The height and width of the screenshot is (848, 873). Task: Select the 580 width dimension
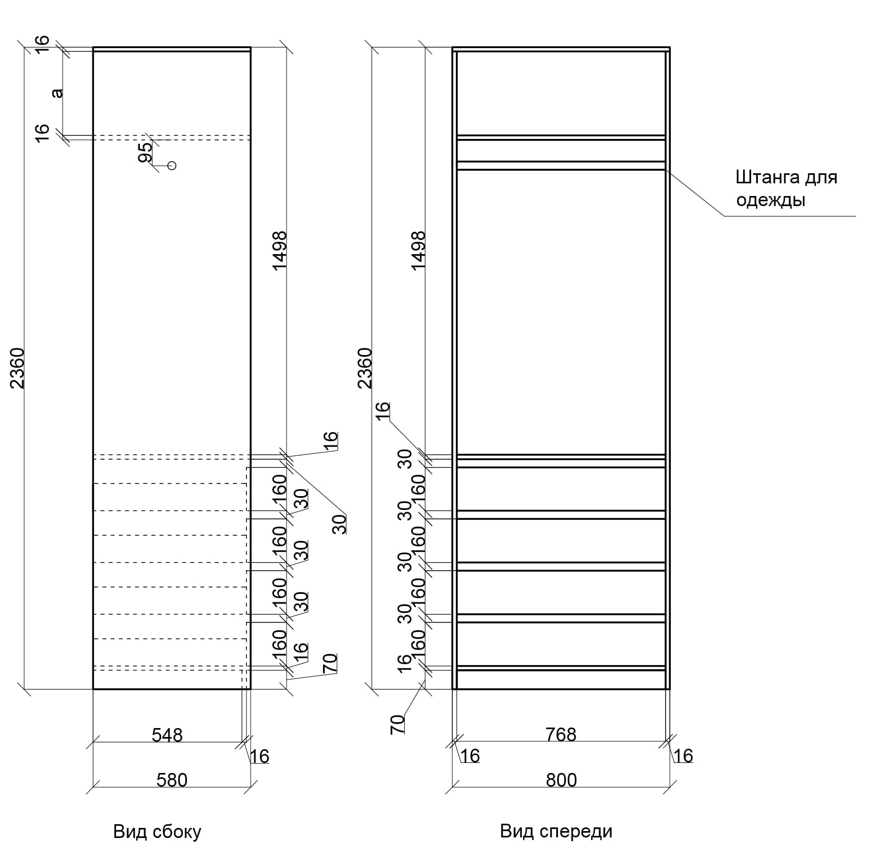pos(172,780)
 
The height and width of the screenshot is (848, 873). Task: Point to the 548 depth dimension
pos(167,734)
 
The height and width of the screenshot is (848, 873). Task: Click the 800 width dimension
pos(561,780)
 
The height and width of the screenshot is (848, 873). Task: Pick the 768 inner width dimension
pos(561,734)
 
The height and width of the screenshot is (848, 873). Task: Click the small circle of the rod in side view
pos(172,165)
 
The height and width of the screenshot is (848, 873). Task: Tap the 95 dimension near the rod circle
pos(145,152)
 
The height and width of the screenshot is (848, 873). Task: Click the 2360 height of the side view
pos(18,368)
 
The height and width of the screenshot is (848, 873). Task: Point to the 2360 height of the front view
pos(365,368)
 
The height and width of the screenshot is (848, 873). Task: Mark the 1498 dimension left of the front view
pos(418,250)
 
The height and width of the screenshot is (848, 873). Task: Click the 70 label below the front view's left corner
pos(398,724)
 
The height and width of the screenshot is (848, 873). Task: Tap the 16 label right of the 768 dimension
pos(683,756)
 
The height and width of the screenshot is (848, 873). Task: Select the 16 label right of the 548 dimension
pos(260,757)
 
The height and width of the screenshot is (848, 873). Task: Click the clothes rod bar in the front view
pos(561,165)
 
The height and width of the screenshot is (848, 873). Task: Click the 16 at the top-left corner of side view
pos(43,43)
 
